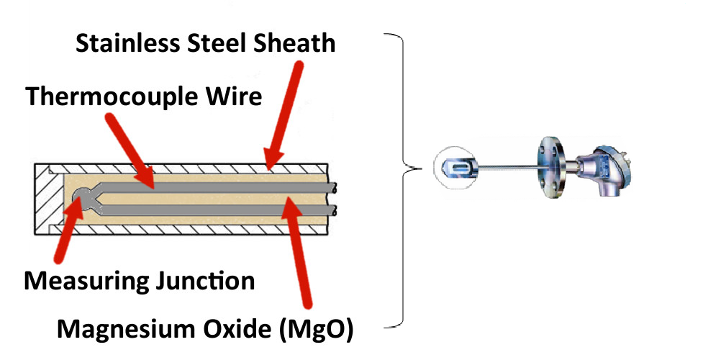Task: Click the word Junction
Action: tap(205, 279)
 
